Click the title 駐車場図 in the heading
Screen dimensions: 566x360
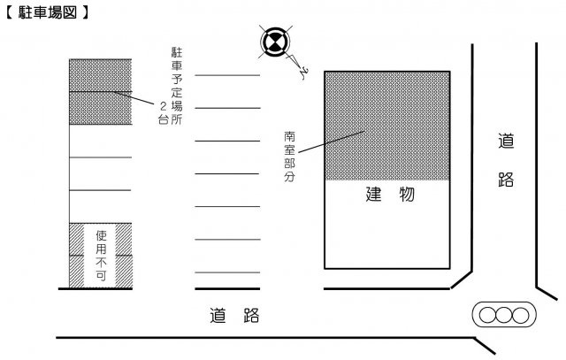point(47,12)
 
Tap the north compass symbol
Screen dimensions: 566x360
point(275,42)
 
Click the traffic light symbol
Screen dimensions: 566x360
point(504,315)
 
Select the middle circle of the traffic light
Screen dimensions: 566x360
point(504,315)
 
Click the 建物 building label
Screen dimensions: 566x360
point(390,194)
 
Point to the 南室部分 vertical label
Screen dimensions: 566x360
point(289,157)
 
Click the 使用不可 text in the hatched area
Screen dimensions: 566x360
point(102,256)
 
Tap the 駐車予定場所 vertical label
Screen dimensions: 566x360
point(177,86)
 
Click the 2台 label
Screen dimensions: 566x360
point(164,113)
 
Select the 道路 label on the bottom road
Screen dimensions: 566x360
point(234,315)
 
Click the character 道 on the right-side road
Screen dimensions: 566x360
point(506,141)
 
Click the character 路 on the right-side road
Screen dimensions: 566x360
point(506,179)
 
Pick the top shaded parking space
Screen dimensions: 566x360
point(100,75)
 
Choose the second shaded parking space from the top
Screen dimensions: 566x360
point(100,108)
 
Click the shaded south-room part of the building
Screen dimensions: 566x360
point(387,126)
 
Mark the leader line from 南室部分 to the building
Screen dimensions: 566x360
point(331,142)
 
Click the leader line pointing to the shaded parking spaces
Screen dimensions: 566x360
point(134,98)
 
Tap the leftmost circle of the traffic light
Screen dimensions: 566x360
point(487,315)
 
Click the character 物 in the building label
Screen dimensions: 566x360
point(407,194)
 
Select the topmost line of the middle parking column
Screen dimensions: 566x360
point(227,75)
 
